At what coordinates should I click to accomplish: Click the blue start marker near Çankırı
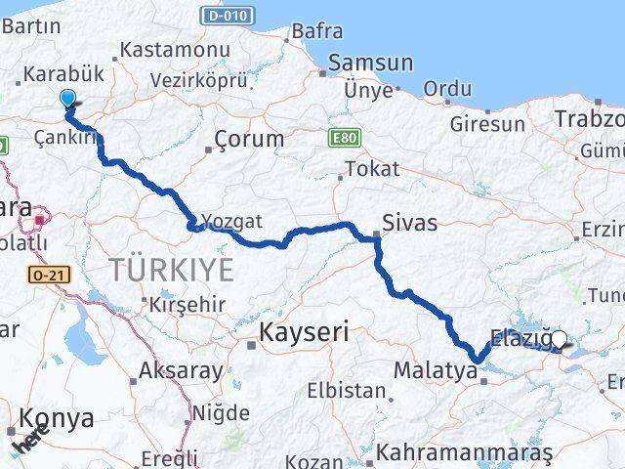click(67, 98)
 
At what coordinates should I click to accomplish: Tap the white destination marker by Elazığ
click(560, 339)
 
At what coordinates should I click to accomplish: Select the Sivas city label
click(410, 223)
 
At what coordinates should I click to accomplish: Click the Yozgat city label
click(233, 222)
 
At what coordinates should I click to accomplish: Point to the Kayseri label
click(304, 332)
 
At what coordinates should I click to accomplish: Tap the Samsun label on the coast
click(370, 63)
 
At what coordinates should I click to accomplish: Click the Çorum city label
click(249, 139)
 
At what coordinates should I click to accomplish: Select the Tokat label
click(372, 168)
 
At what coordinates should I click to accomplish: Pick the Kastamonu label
click(161, 49)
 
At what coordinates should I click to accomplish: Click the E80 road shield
click(342, 137)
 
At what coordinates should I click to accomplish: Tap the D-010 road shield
click(227, 16)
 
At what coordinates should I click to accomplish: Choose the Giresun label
click(487, 124)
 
